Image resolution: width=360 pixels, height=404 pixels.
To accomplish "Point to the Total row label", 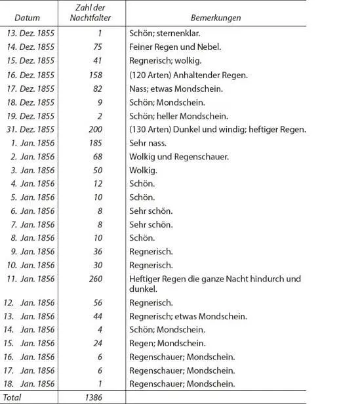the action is coord(13,397).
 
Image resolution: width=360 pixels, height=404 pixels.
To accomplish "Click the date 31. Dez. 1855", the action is coord(32,129).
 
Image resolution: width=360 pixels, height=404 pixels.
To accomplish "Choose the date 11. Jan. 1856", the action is coord(31,279).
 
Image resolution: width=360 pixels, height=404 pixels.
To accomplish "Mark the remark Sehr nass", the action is coord(148,142).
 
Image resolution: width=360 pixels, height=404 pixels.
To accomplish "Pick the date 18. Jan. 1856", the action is coord(31,384).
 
